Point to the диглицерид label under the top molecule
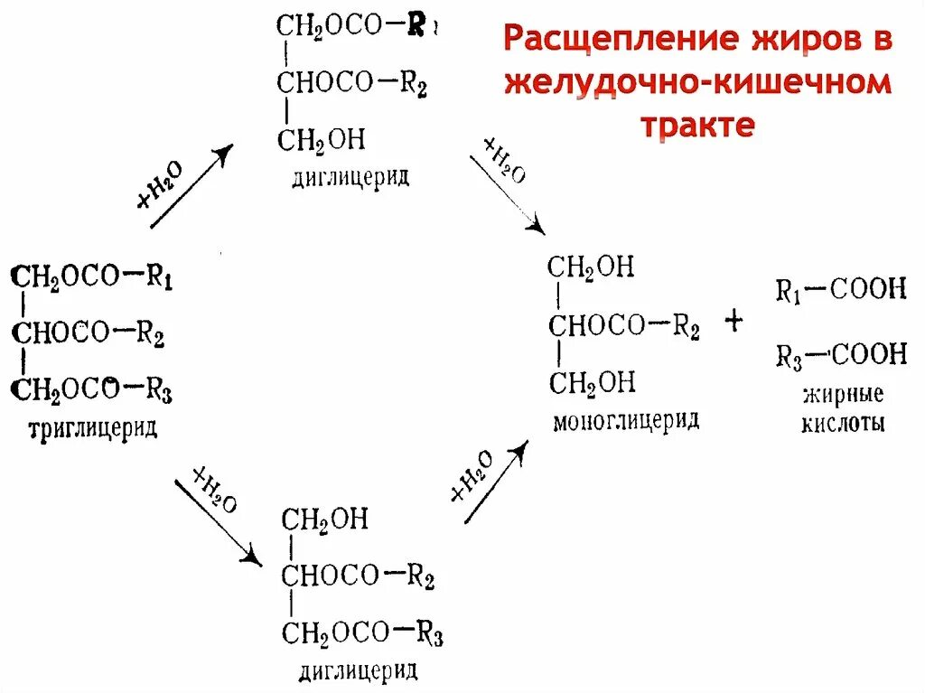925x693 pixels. (350, 175)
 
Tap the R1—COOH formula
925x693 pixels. (840, 290)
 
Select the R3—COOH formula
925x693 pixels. (840, 355)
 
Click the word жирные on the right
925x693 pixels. (842, 395)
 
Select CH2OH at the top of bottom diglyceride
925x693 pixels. (324, 520)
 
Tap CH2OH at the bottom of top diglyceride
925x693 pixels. (320, 140)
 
